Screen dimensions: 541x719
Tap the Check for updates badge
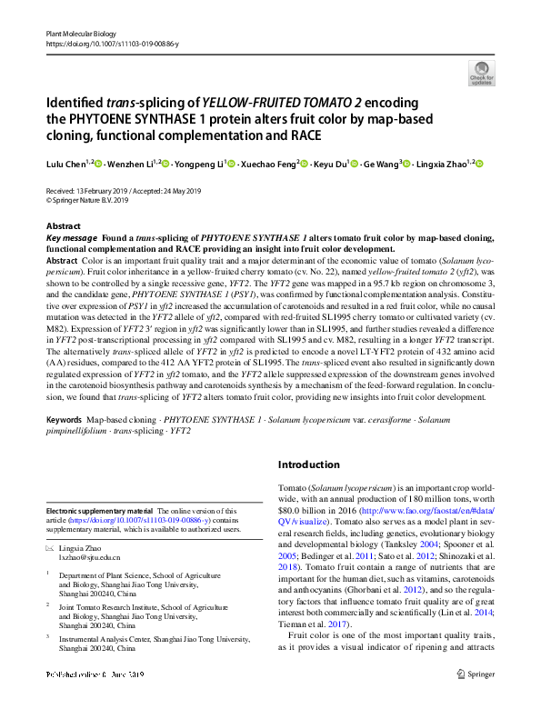tap(481, 73)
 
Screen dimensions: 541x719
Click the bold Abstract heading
tap(63, 225)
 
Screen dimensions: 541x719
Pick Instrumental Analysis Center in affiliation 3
tap(109, 639)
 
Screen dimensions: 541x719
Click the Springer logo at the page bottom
tap(476, 701)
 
